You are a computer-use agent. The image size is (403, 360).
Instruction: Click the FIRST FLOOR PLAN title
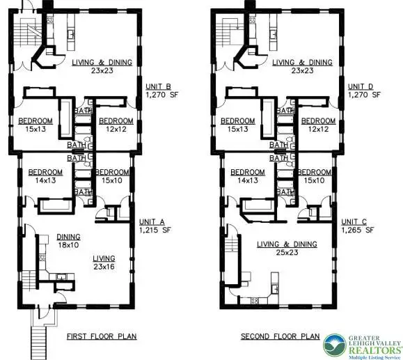(101, 336)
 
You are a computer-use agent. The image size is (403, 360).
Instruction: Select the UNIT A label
(151, 223)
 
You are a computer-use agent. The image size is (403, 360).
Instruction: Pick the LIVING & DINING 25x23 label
(287, 249)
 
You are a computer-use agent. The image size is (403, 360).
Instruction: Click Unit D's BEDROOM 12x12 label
(317, 124)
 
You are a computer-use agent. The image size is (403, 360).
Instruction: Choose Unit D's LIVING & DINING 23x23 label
(301, 65)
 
